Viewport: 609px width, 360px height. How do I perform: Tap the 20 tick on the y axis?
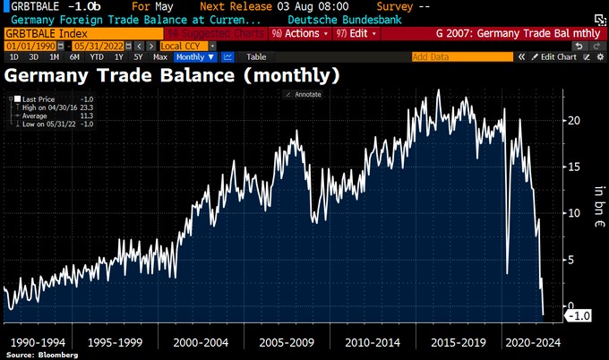pyautogui.click(x=576, y=120)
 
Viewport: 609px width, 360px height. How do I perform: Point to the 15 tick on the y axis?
pyautogui.click(x=576, y=167)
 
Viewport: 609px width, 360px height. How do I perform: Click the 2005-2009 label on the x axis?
pyautogui.click(x=287, y=341)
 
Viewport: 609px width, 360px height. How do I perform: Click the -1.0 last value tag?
pyautogui.click(x=580, y=315)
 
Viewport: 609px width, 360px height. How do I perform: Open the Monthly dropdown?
pyautogui.click(x=195, y=56)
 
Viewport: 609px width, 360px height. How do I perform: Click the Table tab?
pyautogui.click(x=257, y=56)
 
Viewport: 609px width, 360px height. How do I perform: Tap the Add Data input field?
pyautogui.click(x=462, y=56)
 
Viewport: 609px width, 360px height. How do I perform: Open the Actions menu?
pyautogui.click(x=300, y=32)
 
